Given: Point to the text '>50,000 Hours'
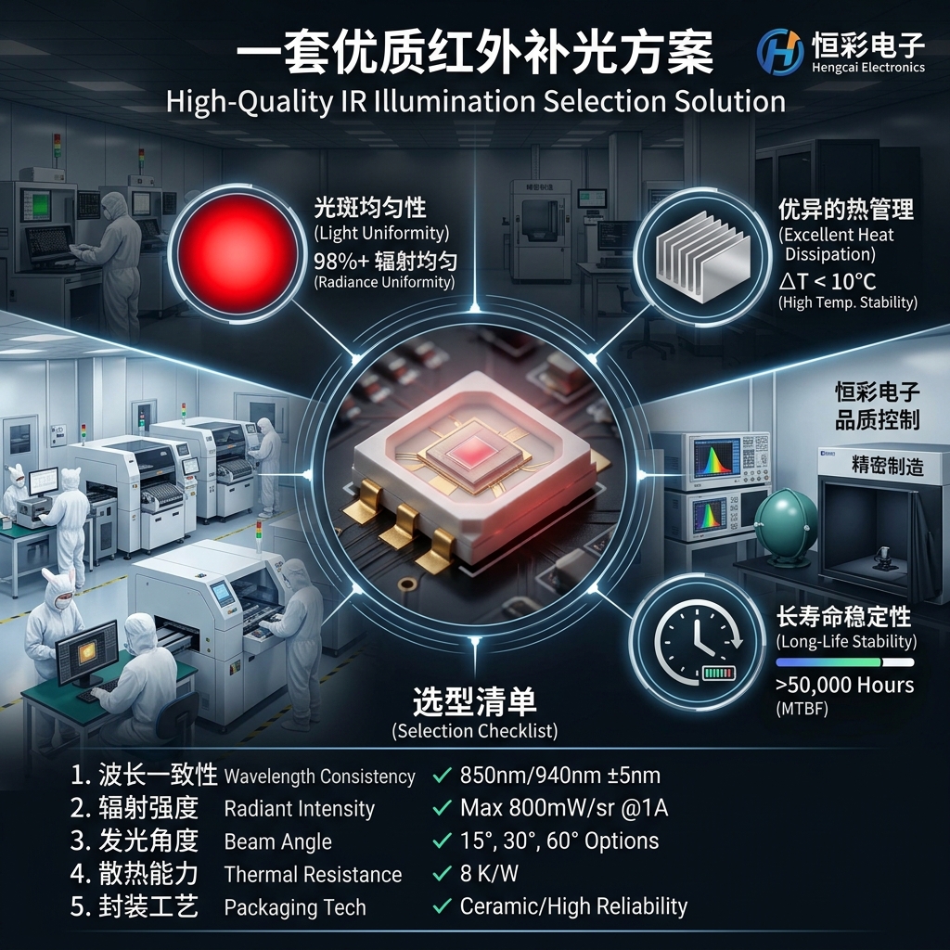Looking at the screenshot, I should (x=844, y=686).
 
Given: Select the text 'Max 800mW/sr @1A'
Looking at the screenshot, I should (x=563, y=808).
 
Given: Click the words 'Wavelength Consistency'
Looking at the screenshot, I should (x=319, y=777).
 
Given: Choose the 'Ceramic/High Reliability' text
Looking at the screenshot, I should (x=573, y=906).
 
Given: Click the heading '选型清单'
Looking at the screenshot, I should (x=475, y=702).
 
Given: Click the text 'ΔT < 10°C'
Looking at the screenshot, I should (x=827, y=281).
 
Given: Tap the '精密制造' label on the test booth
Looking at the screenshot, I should (x=888, y=466).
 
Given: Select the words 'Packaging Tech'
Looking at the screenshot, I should (x=295, y=907).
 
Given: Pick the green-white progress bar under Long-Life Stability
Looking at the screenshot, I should (x=844, y=662).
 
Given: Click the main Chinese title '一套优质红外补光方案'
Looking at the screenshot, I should (x=475, y=53).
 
